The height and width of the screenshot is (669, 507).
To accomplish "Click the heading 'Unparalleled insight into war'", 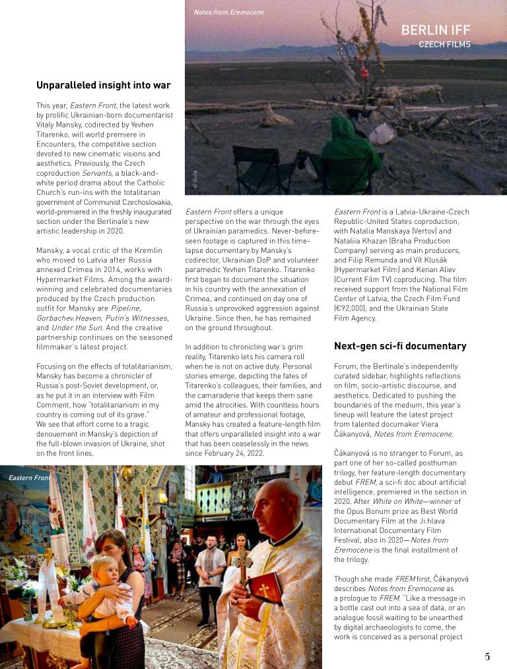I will (104, 85).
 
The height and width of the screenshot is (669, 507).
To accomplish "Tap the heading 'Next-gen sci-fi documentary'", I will (400, 346).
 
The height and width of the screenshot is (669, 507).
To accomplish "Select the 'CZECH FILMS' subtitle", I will (454, 45).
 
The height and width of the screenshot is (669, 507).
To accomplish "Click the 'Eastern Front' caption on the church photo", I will (29, 477).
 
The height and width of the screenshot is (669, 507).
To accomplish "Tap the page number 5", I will (487, 656).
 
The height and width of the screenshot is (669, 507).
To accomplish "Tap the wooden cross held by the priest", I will (244, 563).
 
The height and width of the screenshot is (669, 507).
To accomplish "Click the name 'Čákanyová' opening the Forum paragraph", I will (356, 454).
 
